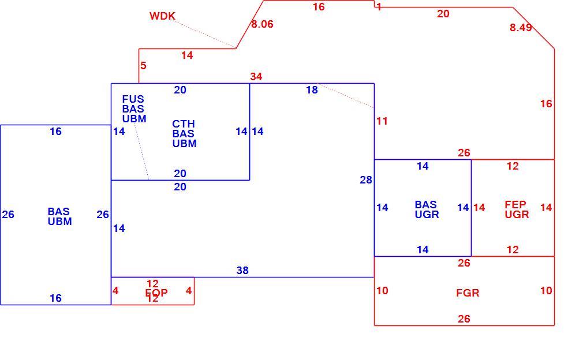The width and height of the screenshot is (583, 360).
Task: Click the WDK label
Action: click(162, 16)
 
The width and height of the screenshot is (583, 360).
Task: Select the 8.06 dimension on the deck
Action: click(262, 24)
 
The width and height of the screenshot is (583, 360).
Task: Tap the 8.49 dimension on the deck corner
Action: click(521, 28)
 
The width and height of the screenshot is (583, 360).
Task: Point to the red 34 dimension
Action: click(256, 77)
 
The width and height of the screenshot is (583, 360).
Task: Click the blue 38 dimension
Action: click(242, 271)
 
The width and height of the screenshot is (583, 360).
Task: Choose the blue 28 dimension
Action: click(366, 180)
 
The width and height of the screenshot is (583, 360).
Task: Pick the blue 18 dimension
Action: click(312, 90)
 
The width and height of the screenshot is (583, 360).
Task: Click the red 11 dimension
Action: click(382, 121)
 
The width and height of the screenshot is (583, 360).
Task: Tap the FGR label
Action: click(468, 292)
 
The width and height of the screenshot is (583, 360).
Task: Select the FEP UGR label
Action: click(517, 209)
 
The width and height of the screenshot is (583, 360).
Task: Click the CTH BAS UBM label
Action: click(184, 134)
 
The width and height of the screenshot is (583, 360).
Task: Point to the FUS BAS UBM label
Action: click(134, 109)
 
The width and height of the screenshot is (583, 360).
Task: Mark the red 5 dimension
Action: click(143, 66)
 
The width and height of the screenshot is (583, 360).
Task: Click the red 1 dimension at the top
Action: click(379, 7)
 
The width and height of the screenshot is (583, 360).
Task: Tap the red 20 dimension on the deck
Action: click(443, 14)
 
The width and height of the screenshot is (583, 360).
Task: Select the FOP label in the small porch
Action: click(156, 292)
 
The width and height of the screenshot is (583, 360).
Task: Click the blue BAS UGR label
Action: click(427, 209)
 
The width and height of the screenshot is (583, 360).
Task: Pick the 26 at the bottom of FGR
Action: click(464, 319)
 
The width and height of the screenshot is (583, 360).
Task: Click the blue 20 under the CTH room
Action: click(180, 187)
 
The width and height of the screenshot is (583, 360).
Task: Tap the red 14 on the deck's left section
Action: click(187, 55)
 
